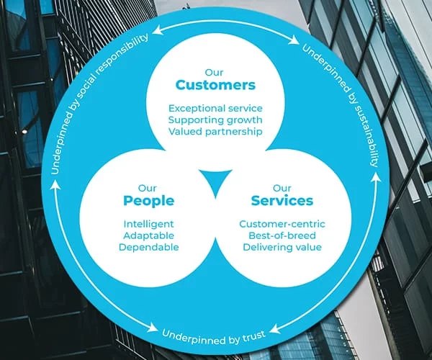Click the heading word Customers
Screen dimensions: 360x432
(215, 85)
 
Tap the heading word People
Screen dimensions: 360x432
(148, 200)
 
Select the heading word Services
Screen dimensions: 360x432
(282, 200)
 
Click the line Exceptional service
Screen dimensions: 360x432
(215, 108)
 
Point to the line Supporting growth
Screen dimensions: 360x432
(215, 120)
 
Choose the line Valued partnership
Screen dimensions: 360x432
(215, 132)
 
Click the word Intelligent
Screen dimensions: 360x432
(148, 224)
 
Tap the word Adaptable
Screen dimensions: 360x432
(148, 235)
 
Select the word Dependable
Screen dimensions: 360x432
(148, 247)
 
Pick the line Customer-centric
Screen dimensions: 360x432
(282, 224)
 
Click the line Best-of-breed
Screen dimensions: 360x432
(282, 235)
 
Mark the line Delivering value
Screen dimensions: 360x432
(282, 247)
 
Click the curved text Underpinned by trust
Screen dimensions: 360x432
(214, 334)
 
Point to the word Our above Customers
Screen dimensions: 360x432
(215, 71)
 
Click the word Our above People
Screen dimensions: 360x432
(148, 187)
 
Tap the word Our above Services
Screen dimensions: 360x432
(282, 187)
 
